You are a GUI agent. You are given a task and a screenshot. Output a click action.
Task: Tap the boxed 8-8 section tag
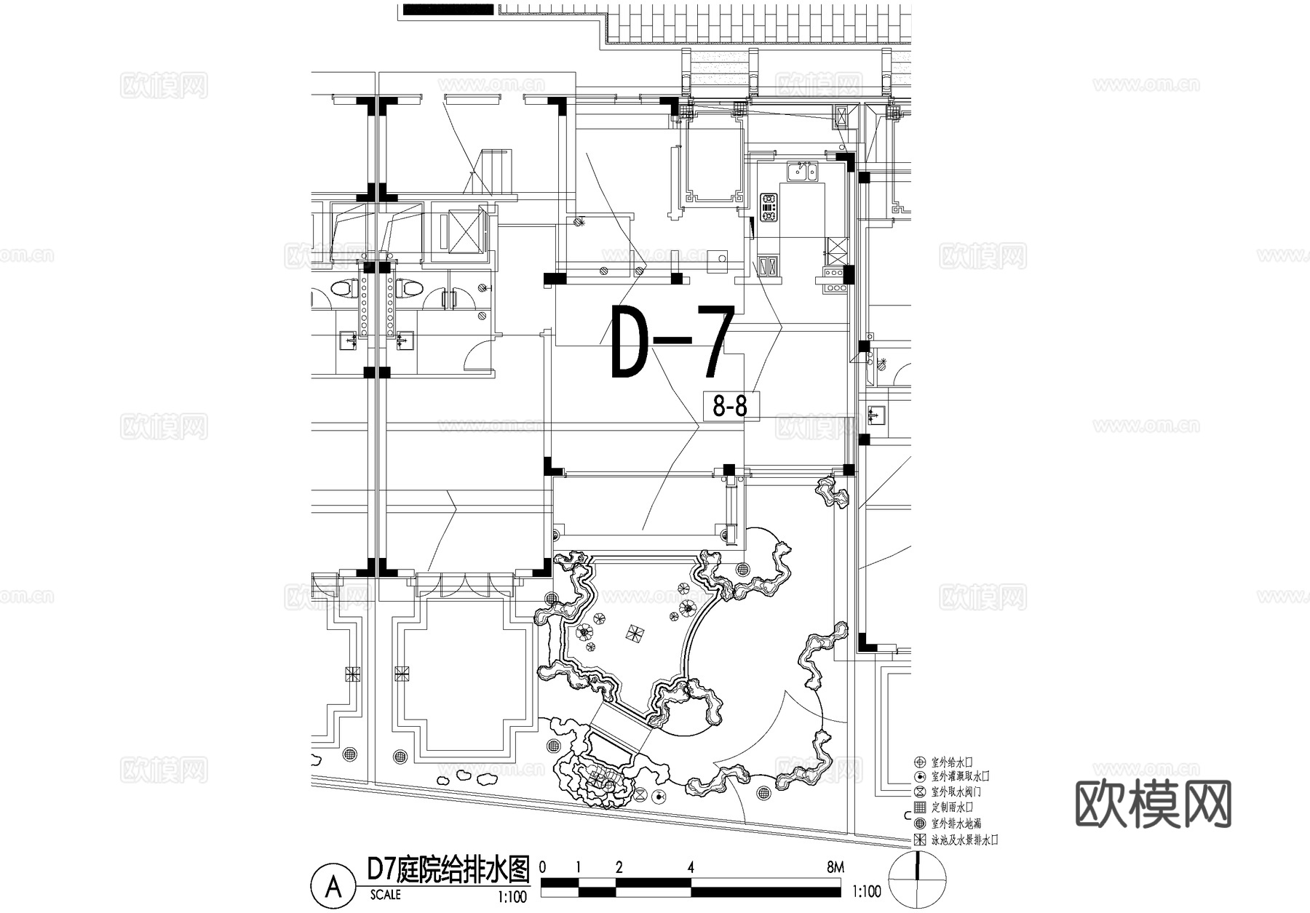pyautogui.click(x=730, y=406)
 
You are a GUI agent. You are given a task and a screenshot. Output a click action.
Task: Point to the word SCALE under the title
pyautogui.click(x=385, y=895)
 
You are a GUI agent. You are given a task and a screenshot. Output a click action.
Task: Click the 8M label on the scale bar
pyautogui.click(x=835, y=867)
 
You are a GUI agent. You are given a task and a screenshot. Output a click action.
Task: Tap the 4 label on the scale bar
pyautogui.click(x=691, y=867)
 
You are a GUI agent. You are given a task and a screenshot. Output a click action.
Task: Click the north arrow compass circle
pyautogui.click(x=918, y=881)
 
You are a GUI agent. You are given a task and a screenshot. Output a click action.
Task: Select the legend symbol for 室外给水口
pyautogui.click(x=920, y=762)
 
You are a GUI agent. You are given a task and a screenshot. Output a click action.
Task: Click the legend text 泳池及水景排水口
pyautogui.click(x=964, y=840)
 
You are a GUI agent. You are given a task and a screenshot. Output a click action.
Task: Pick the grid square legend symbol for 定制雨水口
pyautogui.click(x=920, y=808)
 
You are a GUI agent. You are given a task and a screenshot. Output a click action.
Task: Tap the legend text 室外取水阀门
pyautogui.click(x=960, y=792)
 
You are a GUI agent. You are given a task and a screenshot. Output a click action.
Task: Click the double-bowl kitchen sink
pyautogui.click(x=802, y=172)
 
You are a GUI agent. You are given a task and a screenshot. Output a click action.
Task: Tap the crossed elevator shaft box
pyautogui.click(x=461, y=230)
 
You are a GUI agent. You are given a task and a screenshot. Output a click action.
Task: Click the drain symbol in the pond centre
pyautogui.click(x=634, y=633)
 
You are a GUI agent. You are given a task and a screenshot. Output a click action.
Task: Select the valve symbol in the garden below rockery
pyautogui.click(x=641, y=794)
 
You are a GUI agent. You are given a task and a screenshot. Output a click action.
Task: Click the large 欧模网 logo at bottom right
pyautogui.click(x=1153, y=805)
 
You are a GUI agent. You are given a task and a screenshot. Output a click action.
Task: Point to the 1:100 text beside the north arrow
pyautogui.click(x=865, y=892)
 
